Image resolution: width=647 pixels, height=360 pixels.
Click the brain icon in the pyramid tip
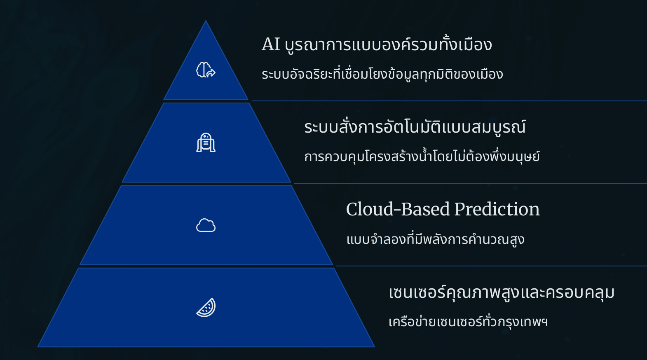click(x=206, y=70)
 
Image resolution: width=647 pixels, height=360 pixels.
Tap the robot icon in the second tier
click(x=206, y=143)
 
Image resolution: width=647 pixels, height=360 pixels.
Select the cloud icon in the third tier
click(x=206, y=225)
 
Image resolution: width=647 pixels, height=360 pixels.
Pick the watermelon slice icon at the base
click(x=206, y=307)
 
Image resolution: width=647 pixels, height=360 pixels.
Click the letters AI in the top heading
click(x=271, y=44)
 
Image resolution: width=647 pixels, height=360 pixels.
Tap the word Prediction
click(x=497, y=209)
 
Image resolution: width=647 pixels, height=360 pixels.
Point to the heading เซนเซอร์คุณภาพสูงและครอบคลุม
click(x=501, y=292)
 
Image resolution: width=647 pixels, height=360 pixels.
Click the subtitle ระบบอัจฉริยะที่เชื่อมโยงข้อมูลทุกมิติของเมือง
click(x=382, y=74)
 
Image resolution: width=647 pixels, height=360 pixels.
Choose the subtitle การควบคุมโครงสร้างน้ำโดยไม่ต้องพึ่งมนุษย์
click(x=422, y=156)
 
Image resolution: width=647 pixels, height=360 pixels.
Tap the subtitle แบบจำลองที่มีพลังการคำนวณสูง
click(x=435, y=239)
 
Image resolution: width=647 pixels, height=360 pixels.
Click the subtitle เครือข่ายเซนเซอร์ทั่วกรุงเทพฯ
click(x=468, y=321)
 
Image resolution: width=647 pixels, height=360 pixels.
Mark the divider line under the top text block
click(x=449, y=101)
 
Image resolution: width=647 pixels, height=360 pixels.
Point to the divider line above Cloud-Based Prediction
click(x=470, y=183)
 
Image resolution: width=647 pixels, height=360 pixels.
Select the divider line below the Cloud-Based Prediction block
click(x=491, y=266)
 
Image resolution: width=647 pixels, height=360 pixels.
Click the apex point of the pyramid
click(x=206, y=21)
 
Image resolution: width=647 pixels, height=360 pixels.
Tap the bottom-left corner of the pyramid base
click(x=38, y=346)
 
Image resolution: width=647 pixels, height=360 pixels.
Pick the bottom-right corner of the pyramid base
click(x=374, y=346)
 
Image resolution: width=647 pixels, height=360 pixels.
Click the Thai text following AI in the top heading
click(x=388, y=44)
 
